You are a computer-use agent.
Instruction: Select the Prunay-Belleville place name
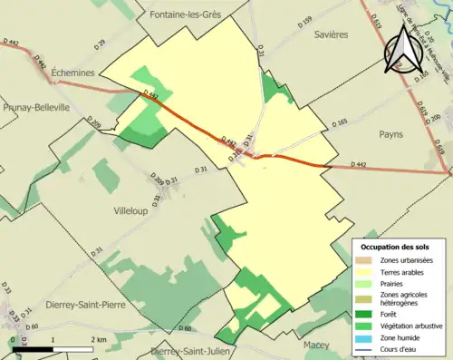point(36,107)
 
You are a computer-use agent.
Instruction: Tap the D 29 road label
point(100,44)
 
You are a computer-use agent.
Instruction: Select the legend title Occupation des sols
point(395,247)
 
